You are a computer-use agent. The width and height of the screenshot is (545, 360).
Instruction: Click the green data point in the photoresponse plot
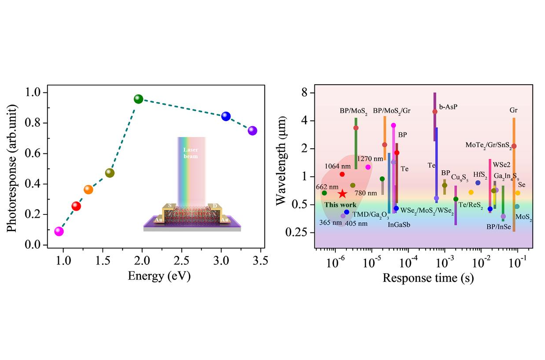[x=139, y=99]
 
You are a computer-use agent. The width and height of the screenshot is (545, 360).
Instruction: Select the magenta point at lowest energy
[x=59, y=232]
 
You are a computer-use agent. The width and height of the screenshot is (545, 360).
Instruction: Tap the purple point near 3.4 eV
[x=252, y=130]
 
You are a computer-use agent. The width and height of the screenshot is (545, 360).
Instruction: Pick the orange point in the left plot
[x=89, y=189]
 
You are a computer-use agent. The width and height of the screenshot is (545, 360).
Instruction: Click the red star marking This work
[x=342, y=194]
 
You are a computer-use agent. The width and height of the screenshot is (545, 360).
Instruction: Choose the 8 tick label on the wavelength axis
[x=304, y=93]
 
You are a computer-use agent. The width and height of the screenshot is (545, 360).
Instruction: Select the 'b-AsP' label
[x=448, y=107]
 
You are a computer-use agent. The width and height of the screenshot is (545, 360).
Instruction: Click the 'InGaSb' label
[x=399, y=225]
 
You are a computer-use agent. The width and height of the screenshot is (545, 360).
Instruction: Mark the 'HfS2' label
[x=480, y=175]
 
